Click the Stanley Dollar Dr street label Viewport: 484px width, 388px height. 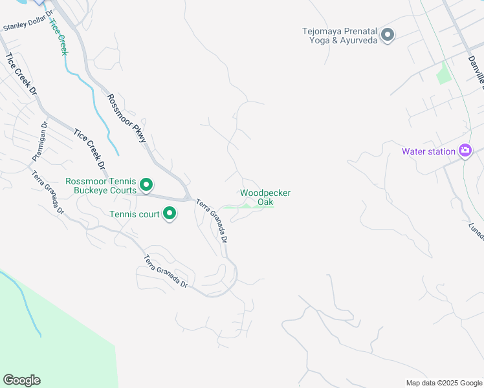(x=27, y=28)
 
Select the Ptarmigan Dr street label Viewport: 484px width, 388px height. (x=39, y=142)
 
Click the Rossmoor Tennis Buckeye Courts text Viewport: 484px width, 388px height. (x=101, y=186)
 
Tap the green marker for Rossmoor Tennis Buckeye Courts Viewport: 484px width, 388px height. (x=146, y=186)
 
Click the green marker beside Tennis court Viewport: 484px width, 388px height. (x=170, y=213)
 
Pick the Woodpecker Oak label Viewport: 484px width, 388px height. (x=265, y=197)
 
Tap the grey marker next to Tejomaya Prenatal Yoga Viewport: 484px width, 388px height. (x=388, y=34)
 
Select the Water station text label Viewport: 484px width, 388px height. (x=428, y=151)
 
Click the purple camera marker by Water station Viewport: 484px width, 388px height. (x=465, y=151)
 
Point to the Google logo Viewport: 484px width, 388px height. (x=21, y=380)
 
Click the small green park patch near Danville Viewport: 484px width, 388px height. (x=443, y=73)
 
